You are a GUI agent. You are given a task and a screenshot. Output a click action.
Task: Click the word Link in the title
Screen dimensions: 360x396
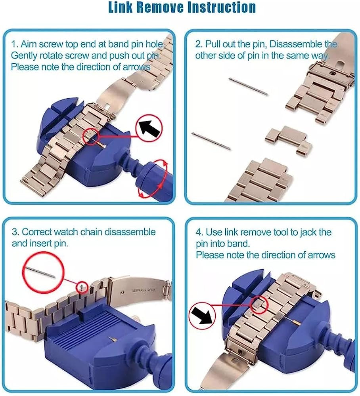(x=121, y=7)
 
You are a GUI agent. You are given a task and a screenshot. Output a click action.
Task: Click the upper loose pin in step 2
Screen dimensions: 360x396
(x=248, y=86)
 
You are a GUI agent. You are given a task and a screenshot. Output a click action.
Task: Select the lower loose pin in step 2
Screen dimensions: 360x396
(x=211, y=141)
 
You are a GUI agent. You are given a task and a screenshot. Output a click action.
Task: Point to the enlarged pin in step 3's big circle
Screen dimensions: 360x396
(x=41, y=272)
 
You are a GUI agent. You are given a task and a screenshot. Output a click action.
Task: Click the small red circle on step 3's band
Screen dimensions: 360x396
(x=82, y=287)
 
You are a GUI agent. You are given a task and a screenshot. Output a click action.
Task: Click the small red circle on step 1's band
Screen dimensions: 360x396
(x=90, y=137)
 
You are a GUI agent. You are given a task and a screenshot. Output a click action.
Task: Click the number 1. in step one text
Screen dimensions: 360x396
(x=15, y=44)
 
